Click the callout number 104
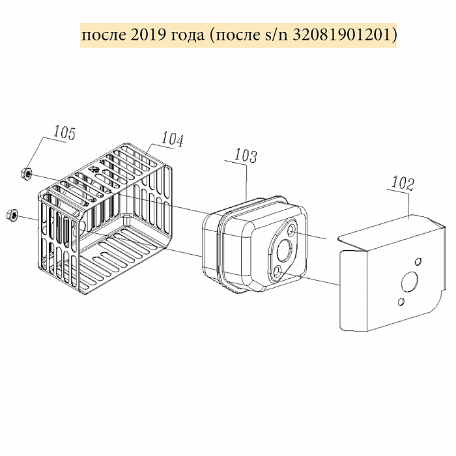[172, 139]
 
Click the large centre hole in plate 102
[410, 281]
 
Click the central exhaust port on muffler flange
[284, 249]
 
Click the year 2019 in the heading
[147, 35]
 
